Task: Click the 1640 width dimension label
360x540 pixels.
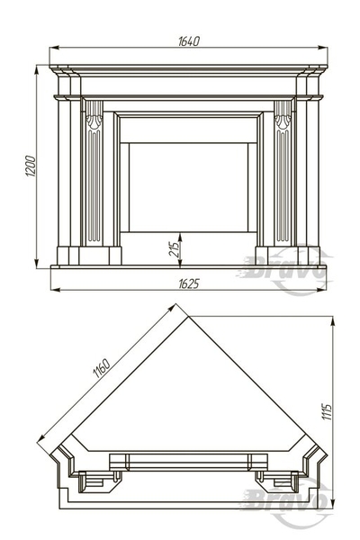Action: click(189, 41)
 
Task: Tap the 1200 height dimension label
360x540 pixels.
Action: click(31, 166)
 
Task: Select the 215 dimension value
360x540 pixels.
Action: click(175, 250)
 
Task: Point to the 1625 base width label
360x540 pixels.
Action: click(189, 283)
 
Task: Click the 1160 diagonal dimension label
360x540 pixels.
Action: click(102, 368)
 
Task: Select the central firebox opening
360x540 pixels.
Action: click(188, 188)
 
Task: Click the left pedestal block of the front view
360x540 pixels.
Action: click(89, 256)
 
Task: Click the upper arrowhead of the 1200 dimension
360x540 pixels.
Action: click(36, 70)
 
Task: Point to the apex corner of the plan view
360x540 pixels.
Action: click(188, 317)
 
